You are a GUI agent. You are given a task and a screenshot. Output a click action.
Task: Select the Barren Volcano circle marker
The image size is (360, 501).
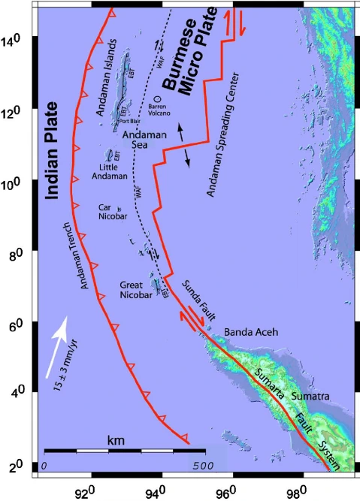click(x=158, y=98)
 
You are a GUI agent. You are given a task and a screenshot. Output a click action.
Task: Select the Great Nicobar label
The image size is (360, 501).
click(x=135, y=290)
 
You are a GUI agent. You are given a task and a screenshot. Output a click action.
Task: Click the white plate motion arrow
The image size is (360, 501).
click(x=56, y=345)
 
